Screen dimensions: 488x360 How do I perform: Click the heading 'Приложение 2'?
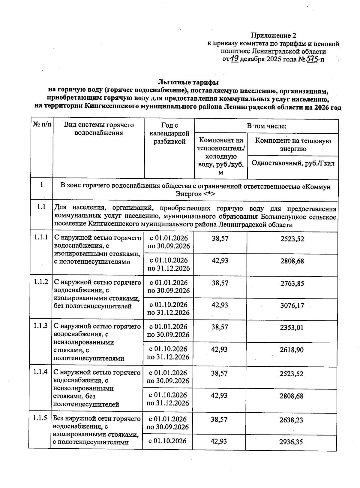[x=271, y=36]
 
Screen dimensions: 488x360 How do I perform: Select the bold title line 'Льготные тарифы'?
[x=188, y=82]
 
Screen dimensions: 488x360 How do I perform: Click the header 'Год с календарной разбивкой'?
[x=169, y=133]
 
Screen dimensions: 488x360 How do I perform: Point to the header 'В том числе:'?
[x=266, y=126]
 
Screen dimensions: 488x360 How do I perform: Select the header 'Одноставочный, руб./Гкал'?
[x=293, y=163]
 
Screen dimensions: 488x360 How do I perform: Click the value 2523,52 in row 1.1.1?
[x=292, y=239]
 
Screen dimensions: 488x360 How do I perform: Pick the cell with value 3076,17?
[x=292, y=306]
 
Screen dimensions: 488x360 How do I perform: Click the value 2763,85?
[x=292, y=283]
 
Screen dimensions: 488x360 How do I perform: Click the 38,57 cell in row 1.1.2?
[x=220, y=283]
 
